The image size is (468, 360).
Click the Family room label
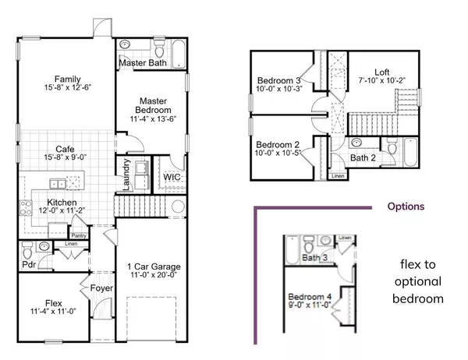coord(64,78)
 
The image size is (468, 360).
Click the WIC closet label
coord(172,178)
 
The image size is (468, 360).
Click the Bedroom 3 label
coord(278,80)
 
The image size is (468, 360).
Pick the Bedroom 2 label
coord(278,144)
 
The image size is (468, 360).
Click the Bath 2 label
coord(362,158)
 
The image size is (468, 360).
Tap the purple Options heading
coord(406,207)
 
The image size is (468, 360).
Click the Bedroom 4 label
coord(310,297)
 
